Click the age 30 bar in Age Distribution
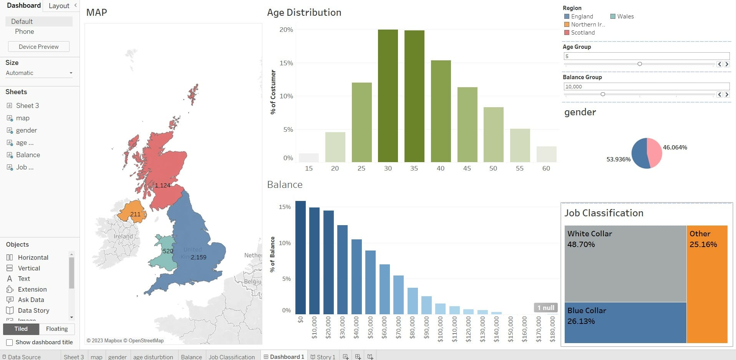pos(388,96)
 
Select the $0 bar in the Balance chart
pos(300,257)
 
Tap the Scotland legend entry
pos(582,33)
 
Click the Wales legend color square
pos(613,17)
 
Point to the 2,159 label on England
pos(199,257)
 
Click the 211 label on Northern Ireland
pos(135,214)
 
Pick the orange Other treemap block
pos(707,284)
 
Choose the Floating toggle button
pos(57,329)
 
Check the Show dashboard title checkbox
pos(10,342)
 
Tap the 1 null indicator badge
pos(545,308)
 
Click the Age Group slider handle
pos(640,64)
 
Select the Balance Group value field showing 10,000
pos(646,87)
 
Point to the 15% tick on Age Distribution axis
pos(286,63)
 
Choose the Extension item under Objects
pos(32,289)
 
